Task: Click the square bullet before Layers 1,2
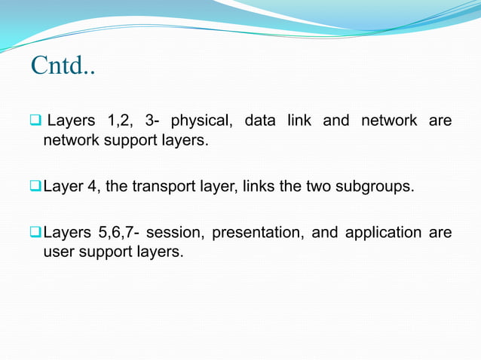(x=35, y=121)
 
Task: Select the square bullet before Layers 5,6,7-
(x=35, y=233)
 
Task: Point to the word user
(x=57, y=252)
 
